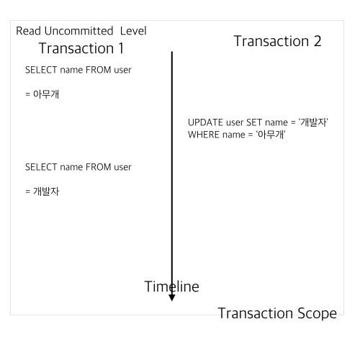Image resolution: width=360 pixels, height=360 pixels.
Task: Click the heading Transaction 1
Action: click(81, 48)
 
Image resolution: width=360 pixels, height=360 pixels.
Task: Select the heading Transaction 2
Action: click(277, 41)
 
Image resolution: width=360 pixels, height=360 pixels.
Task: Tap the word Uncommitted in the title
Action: click(78, 31)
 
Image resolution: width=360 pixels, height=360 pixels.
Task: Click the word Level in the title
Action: click(133, 31)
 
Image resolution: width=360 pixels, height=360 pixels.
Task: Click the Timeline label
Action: click(172, 287)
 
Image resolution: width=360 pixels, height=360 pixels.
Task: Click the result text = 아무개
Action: click(42, 94)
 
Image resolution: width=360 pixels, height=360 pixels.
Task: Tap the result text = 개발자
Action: click(42, 192)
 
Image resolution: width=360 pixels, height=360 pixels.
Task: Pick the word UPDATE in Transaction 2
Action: click(205, 122)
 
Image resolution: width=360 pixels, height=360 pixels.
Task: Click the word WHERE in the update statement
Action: click(204, 135)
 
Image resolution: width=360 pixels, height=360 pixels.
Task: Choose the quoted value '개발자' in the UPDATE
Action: click(313, 122)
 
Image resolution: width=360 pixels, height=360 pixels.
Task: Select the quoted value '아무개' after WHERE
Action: click(271, 135)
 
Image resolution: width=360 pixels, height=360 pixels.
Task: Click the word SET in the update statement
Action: click(254, 122)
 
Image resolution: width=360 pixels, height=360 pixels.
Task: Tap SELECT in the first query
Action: click(41, 70)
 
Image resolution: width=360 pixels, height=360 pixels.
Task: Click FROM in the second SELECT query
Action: click(98, 167)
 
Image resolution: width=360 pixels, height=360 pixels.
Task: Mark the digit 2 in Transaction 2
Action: click(318, 41)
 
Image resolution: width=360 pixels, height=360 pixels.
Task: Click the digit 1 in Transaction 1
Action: click(121, 48)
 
